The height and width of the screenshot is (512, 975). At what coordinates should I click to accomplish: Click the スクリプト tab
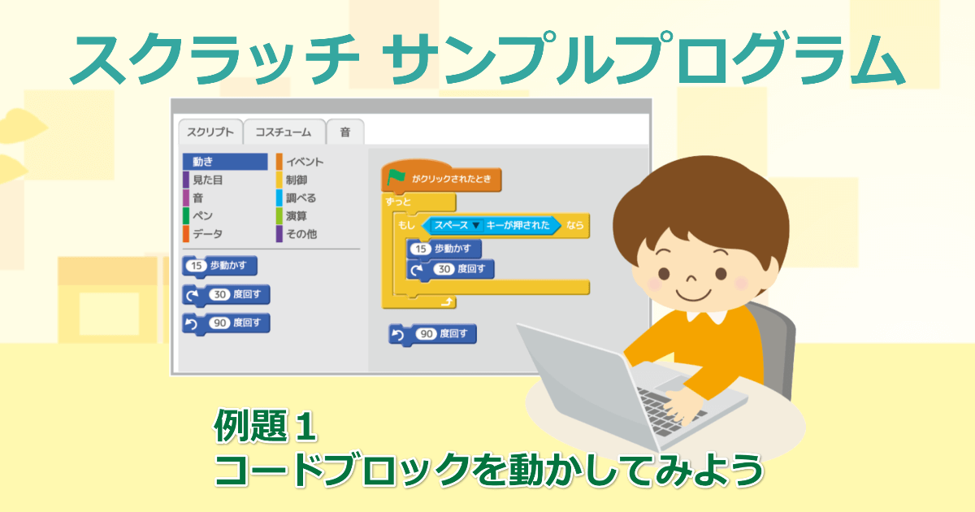210,132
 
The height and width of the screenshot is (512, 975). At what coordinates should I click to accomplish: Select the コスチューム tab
284,132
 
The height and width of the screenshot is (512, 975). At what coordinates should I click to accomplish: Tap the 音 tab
345,132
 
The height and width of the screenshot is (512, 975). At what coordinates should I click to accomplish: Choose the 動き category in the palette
224,162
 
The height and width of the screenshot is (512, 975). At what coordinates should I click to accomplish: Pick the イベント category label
304,162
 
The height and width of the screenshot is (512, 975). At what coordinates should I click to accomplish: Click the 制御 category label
297,180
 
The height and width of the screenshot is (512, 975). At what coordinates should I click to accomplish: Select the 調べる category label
301,197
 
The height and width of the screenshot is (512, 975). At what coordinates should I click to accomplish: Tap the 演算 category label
297,216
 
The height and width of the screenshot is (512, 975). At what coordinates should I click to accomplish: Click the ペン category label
202,216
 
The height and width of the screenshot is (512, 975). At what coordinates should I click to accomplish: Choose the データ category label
207,234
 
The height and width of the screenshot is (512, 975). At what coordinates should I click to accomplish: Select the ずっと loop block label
399,201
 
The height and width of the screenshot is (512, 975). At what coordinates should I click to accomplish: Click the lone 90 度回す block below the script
432,334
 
